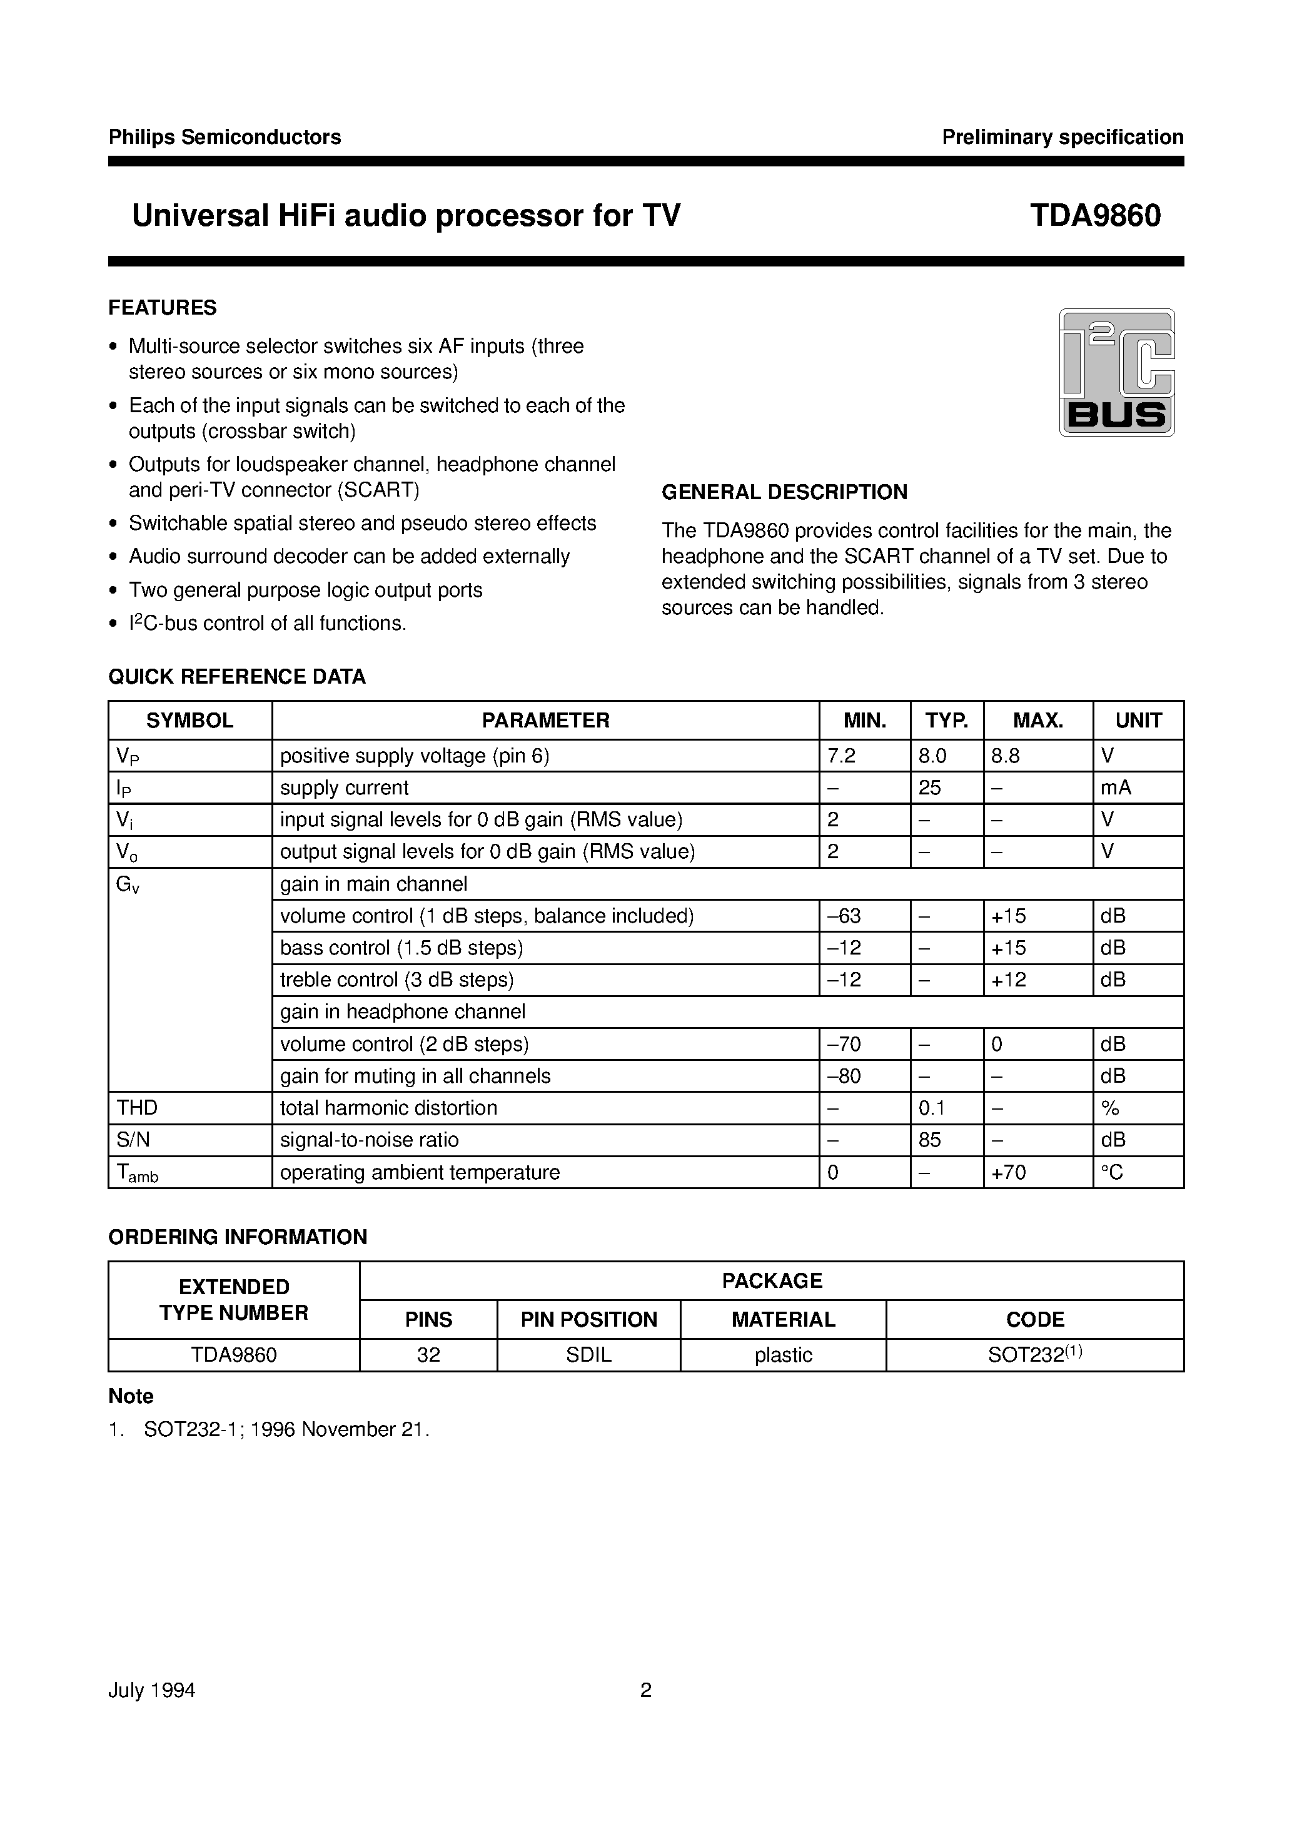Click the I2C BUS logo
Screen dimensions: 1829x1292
click(1116, 372)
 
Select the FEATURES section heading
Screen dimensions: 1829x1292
click(163, 308)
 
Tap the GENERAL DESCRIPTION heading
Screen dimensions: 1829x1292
click(785, 492)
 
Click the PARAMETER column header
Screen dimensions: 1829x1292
click(546, 720)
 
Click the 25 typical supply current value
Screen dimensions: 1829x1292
click(929, 788)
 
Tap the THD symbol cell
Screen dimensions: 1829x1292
click(137, 1108)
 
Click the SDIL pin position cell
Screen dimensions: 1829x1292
click(588, 1355)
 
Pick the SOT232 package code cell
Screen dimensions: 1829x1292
click(1035, 1355)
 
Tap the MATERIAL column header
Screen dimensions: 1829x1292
click(783, 1320)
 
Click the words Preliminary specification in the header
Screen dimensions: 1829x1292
click(1062, 137)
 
